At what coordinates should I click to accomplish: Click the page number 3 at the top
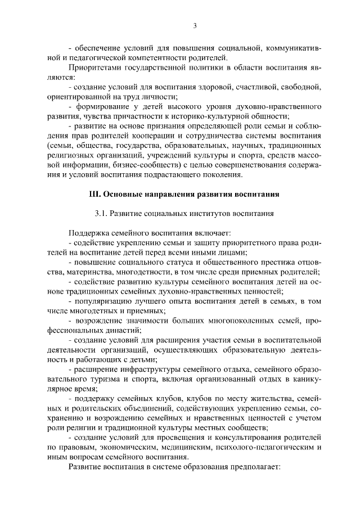pos(195,25)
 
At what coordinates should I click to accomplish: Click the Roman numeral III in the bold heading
pos(95,195)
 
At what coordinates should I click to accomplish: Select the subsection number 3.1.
pos(101,213)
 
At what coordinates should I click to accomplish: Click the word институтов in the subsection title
pos(215,213)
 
